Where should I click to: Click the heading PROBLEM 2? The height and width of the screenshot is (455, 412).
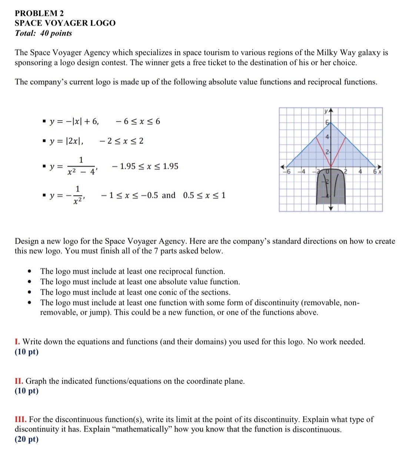39,13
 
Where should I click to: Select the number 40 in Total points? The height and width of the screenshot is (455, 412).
44,33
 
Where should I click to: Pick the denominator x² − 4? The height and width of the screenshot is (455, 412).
81,172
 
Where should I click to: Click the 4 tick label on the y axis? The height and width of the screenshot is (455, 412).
327,137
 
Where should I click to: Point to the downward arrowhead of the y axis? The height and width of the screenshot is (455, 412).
331,209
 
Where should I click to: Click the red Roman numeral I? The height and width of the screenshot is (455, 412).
17,342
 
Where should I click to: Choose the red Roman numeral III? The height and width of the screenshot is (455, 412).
20,420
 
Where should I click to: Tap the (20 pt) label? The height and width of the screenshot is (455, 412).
27,439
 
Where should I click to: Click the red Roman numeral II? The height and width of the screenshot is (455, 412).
19,381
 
